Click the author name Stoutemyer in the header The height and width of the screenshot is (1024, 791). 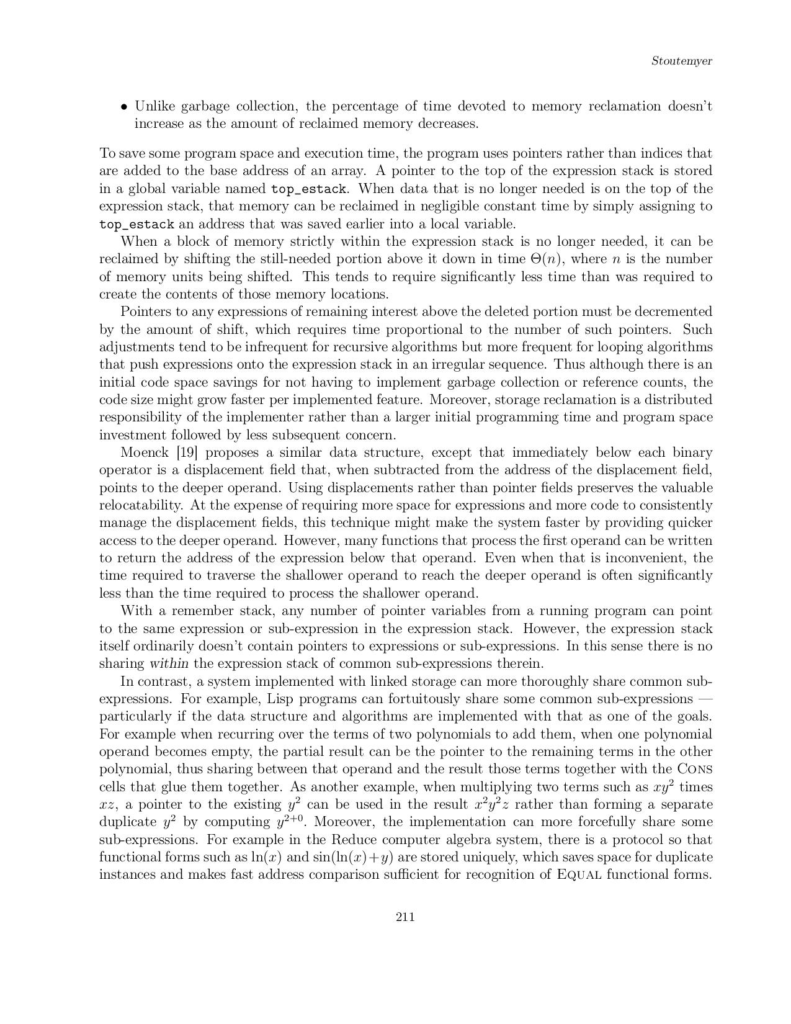[x=681, y=61]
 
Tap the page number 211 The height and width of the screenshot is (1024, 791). [x=404, y=917]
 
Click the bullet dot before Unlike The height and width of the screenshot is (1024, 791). [x=125, y=107]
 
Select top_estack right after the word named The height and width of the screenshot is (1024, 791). [x=310, y=189]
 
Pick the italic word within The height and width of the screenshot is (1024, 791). [x=169, y=646]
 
